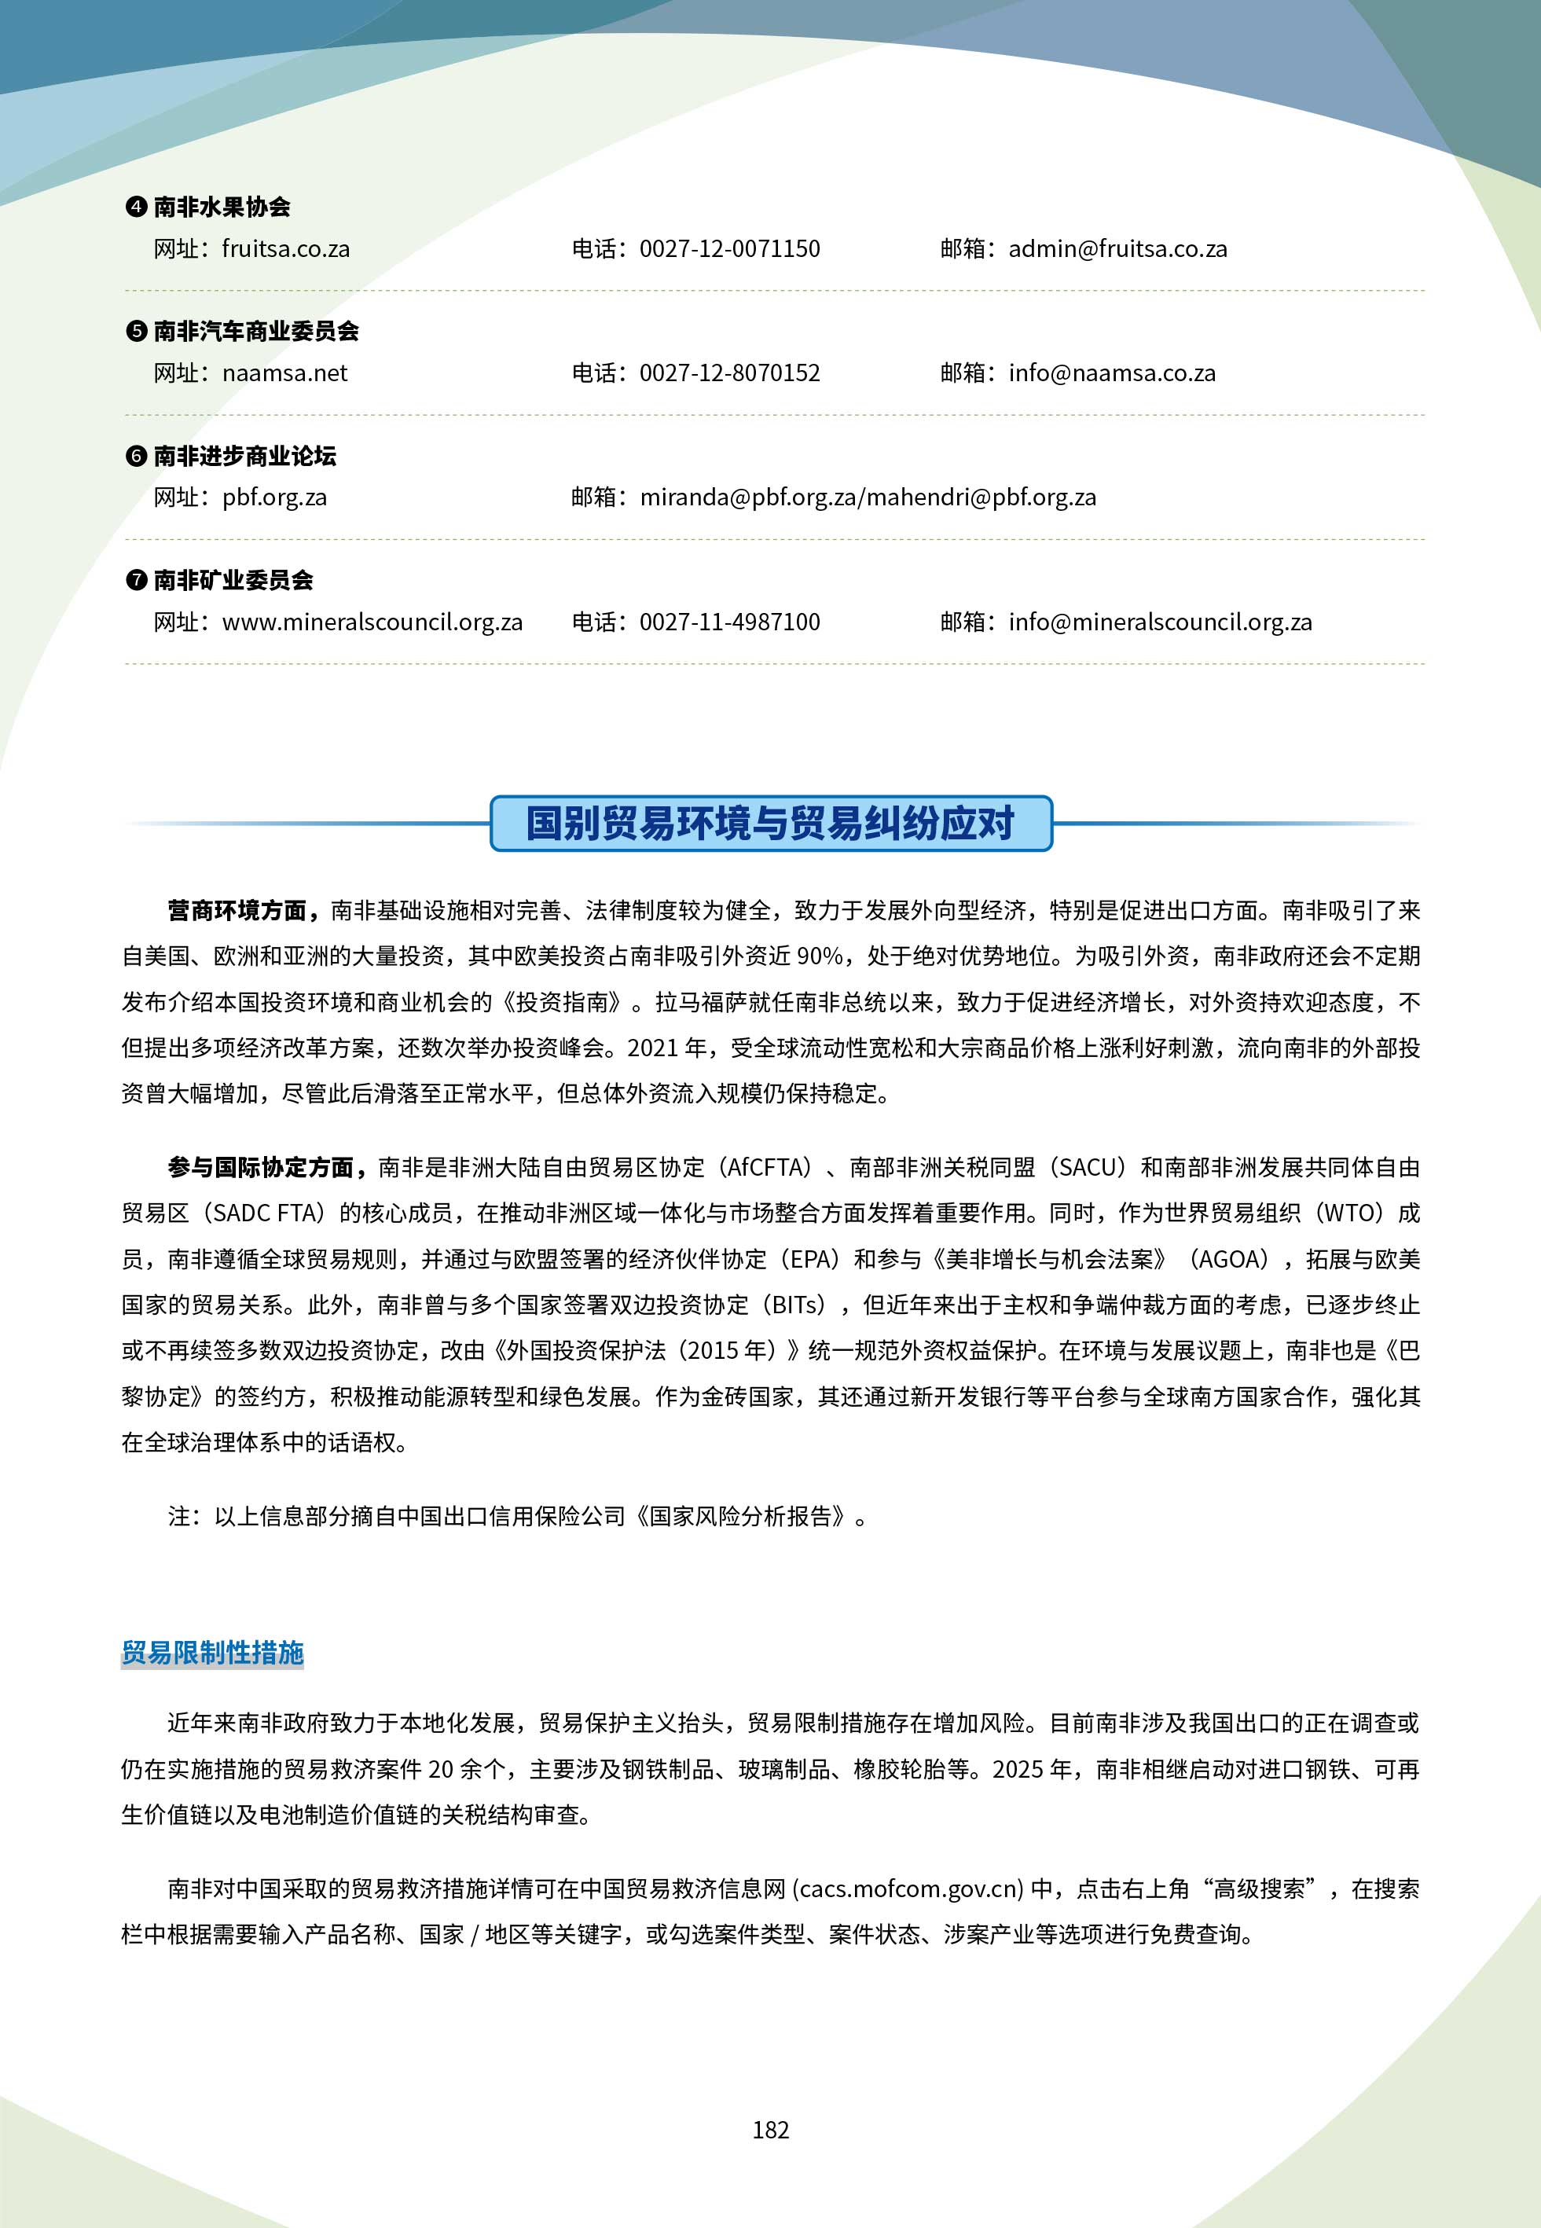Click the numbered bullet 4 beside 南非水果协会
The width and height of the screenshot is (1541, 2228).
click(x=136, y=207)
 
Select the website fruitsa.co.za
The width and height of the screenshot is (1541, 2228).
click(x=286, y=249)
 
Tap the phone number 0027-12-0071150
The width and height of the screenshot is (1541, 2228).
click(x=729, y=249)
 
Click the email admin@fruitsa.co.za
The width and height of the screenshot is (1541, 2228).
click(x=1117, y=249)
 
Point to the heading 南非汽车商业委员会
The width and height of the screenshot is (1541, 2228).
click(x=256, y=331)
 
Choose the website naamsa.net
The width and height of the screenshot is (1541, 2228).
click(x=284, y=373)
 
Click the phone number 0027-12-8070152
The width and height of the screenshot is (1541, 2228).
click(x=729, y=373)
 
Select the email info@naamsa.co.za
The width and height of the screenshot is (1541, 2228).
click(x=1111, y=373)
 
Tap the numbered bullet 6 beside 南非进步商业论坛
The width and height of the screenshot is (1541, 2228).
click(x=136, y=457)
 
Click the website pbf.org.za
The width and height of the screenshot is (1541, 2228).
click(x=274, y=498)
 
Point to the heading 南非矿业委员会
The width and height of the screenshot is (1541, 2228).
click(x=233, y=580)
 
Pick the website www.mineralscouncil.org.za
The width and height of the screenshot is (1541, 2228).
click(x=372, y=622)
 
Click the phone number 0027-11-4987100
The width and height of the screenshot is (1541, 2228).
click(x=729, y=622)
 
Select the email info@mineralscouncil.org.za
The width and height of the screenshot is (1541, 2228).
click(x=1160, y=622)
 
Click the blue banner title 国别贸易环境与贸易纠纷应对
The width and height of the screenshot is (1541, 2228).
click(x=770, y=824)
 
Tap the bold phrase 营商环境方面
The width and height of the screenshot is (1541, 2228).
click(x=237, y=910)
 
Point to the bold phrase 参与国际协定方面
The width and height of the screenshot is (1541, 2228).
click(x=261, y=1168)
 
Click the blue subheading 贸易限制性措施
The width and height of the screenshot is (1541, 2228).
click(x=212, y=1653)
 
